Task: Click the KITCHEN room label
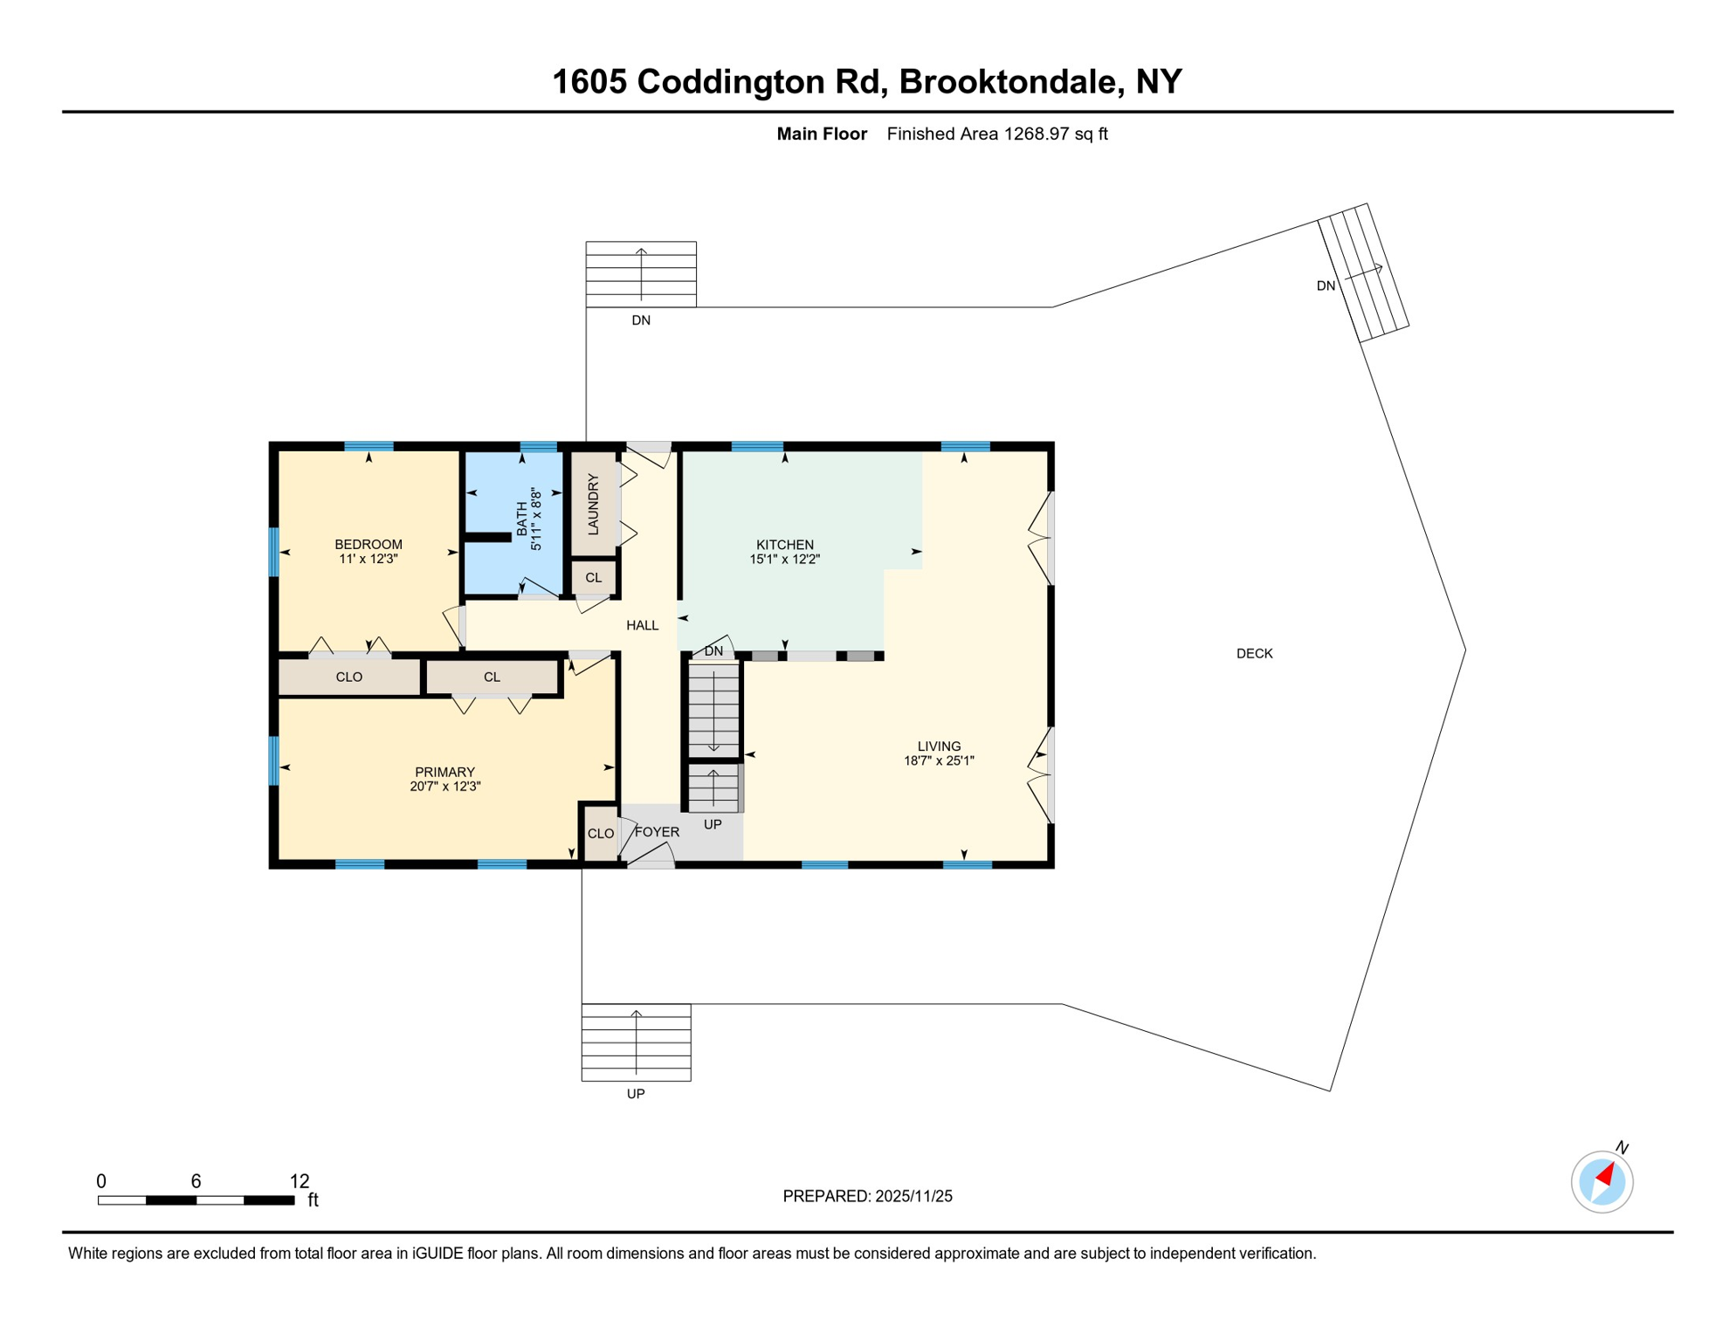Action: (x=784, y=545)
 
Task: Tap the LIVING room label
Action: (x=939, y=746)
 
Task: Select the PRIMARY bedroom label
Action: (x=444, y=772)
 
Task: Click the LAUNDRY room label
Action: (x=594, y=504)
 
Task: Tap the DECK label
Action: (x=1254, y=654)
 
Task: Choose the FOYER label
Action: (x=657, y=832)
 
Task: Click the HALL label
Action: (x=642, y=625)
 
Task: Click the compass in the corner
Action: (x=1602, y=1182)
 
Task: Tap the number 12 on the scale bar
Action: (x=300, y=1181)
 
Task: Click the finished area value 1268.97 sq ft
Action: (x=1055, y=134)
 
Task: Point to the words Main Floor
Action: (x=822, y=134)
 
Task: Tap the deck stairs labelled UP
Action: (x=636, y=1042)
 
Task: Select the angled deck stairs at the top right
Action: (x=1362, y=272)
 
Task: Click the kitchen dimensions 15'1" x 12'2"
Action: (x=784, y=560)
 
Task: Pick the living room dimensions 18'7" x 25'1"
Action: (x=939, y=760)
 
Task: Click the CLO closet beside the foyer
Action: (x=600, y=834)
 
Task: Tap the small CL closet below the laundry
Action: (x=594, y=578)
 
